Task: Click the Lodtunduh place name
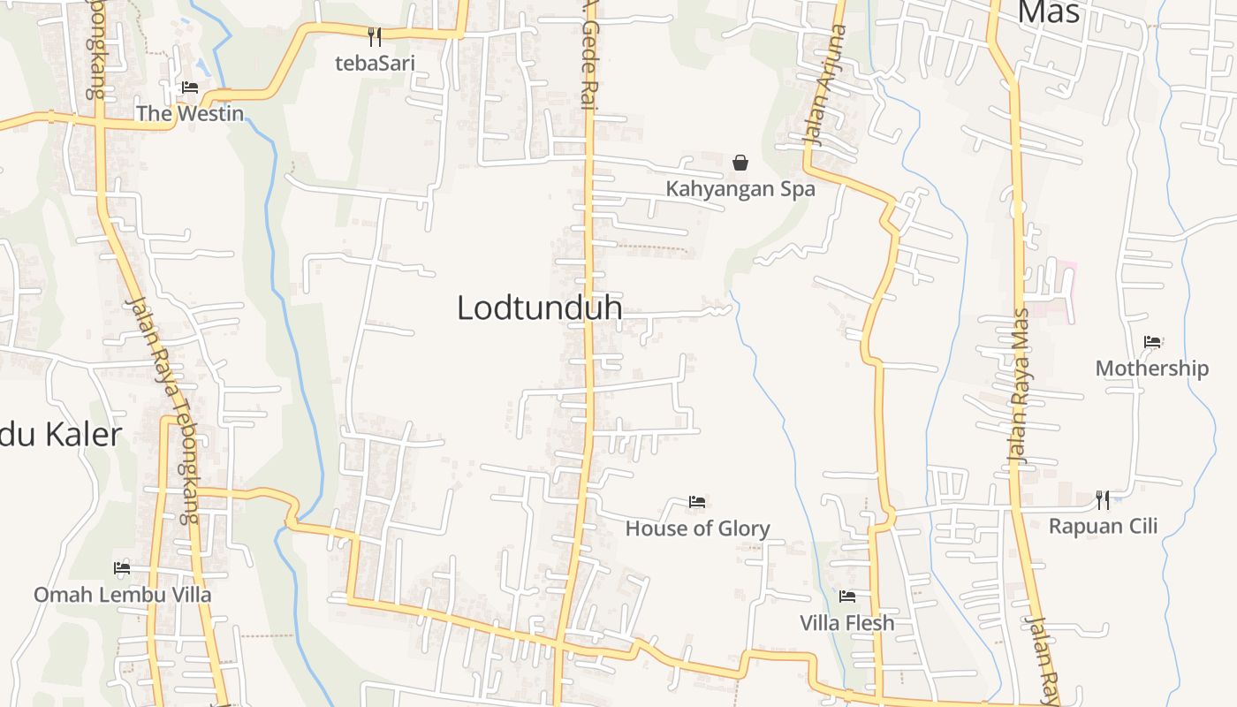(x=539, y=308)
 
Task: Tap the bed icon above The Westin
(x=190, y=87)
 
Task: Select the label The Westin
(x=189, y=113)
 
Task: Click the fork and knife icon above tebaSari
(x=375, y=36)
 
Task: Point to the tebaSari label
(x=375, y=63)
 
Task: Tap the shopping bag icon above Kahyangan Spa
(x=740, y=163)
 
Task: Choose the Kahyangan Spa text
(x=740, y=189)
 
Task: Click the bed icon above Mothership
(x=1152, y=342)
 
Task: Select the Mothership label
(x=1152, y=369)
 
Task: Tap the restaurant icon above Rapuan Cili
(x=1103, y=499)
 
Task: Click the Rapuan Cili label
(x=1103, y=527)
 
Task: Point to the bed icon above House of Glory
(x=697, y=502)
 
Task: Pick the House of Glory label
(x=697, y=528)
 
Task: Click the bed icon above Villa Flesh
(x=847, y=597)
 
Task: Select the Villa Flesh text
(x=847, y=623)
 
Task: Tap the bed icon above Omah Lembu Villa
(x=122, y=568)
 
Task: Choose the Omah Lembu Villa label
(x=122, y=595)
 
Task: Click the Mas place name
(x=1049, y=12)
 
